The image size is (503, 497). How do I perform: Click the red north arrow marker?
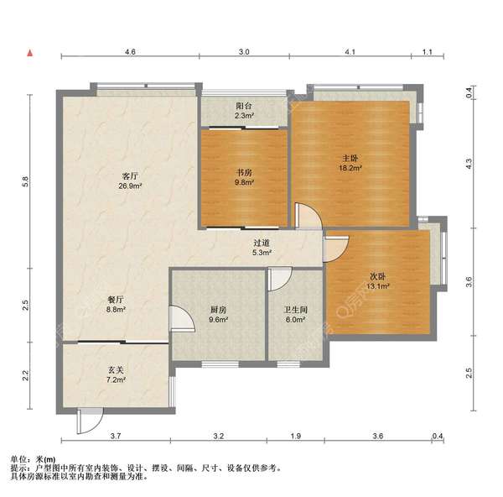coord(30,53)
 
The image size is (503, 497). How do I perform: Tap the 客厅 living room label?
coord(130,175)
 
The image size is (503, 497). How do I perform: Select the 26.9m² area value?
coord(130,186)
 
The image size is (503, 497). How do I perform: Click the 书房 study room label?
coord(244,172)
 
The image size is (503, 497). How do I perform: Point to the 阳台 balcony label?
coord(244,106)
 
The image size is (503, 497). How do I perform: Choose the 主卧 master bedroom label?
coord(350,158)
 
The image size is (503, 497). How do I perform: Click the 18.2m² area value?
coord(350,168)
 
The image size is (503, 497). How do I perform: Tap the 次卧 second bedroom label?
coord(377,276)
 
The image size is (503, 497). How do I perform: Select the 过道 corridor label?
coord(262,243)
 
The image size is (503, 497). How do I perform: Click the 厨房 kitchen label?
coord(218,310)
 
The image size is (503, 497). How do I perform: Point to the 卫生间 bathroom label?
coord(295,310)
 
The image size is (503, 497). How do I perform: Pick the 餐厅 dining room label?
coord(116,300)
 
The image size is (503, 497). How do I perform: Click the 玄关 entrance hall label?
coord(116,370)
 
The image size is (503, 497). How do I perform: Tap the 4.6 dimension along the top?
coord(130,51)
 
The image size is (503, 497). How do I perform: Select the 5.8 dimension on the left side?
coord(25,181)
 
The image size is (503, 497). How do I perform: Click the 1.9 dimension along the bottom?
coord(295,436)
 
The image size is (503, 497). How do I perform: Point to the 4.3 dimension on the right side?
coord(469,164)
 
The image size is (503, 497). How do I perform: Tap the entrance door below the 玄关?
coord(90,421)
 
